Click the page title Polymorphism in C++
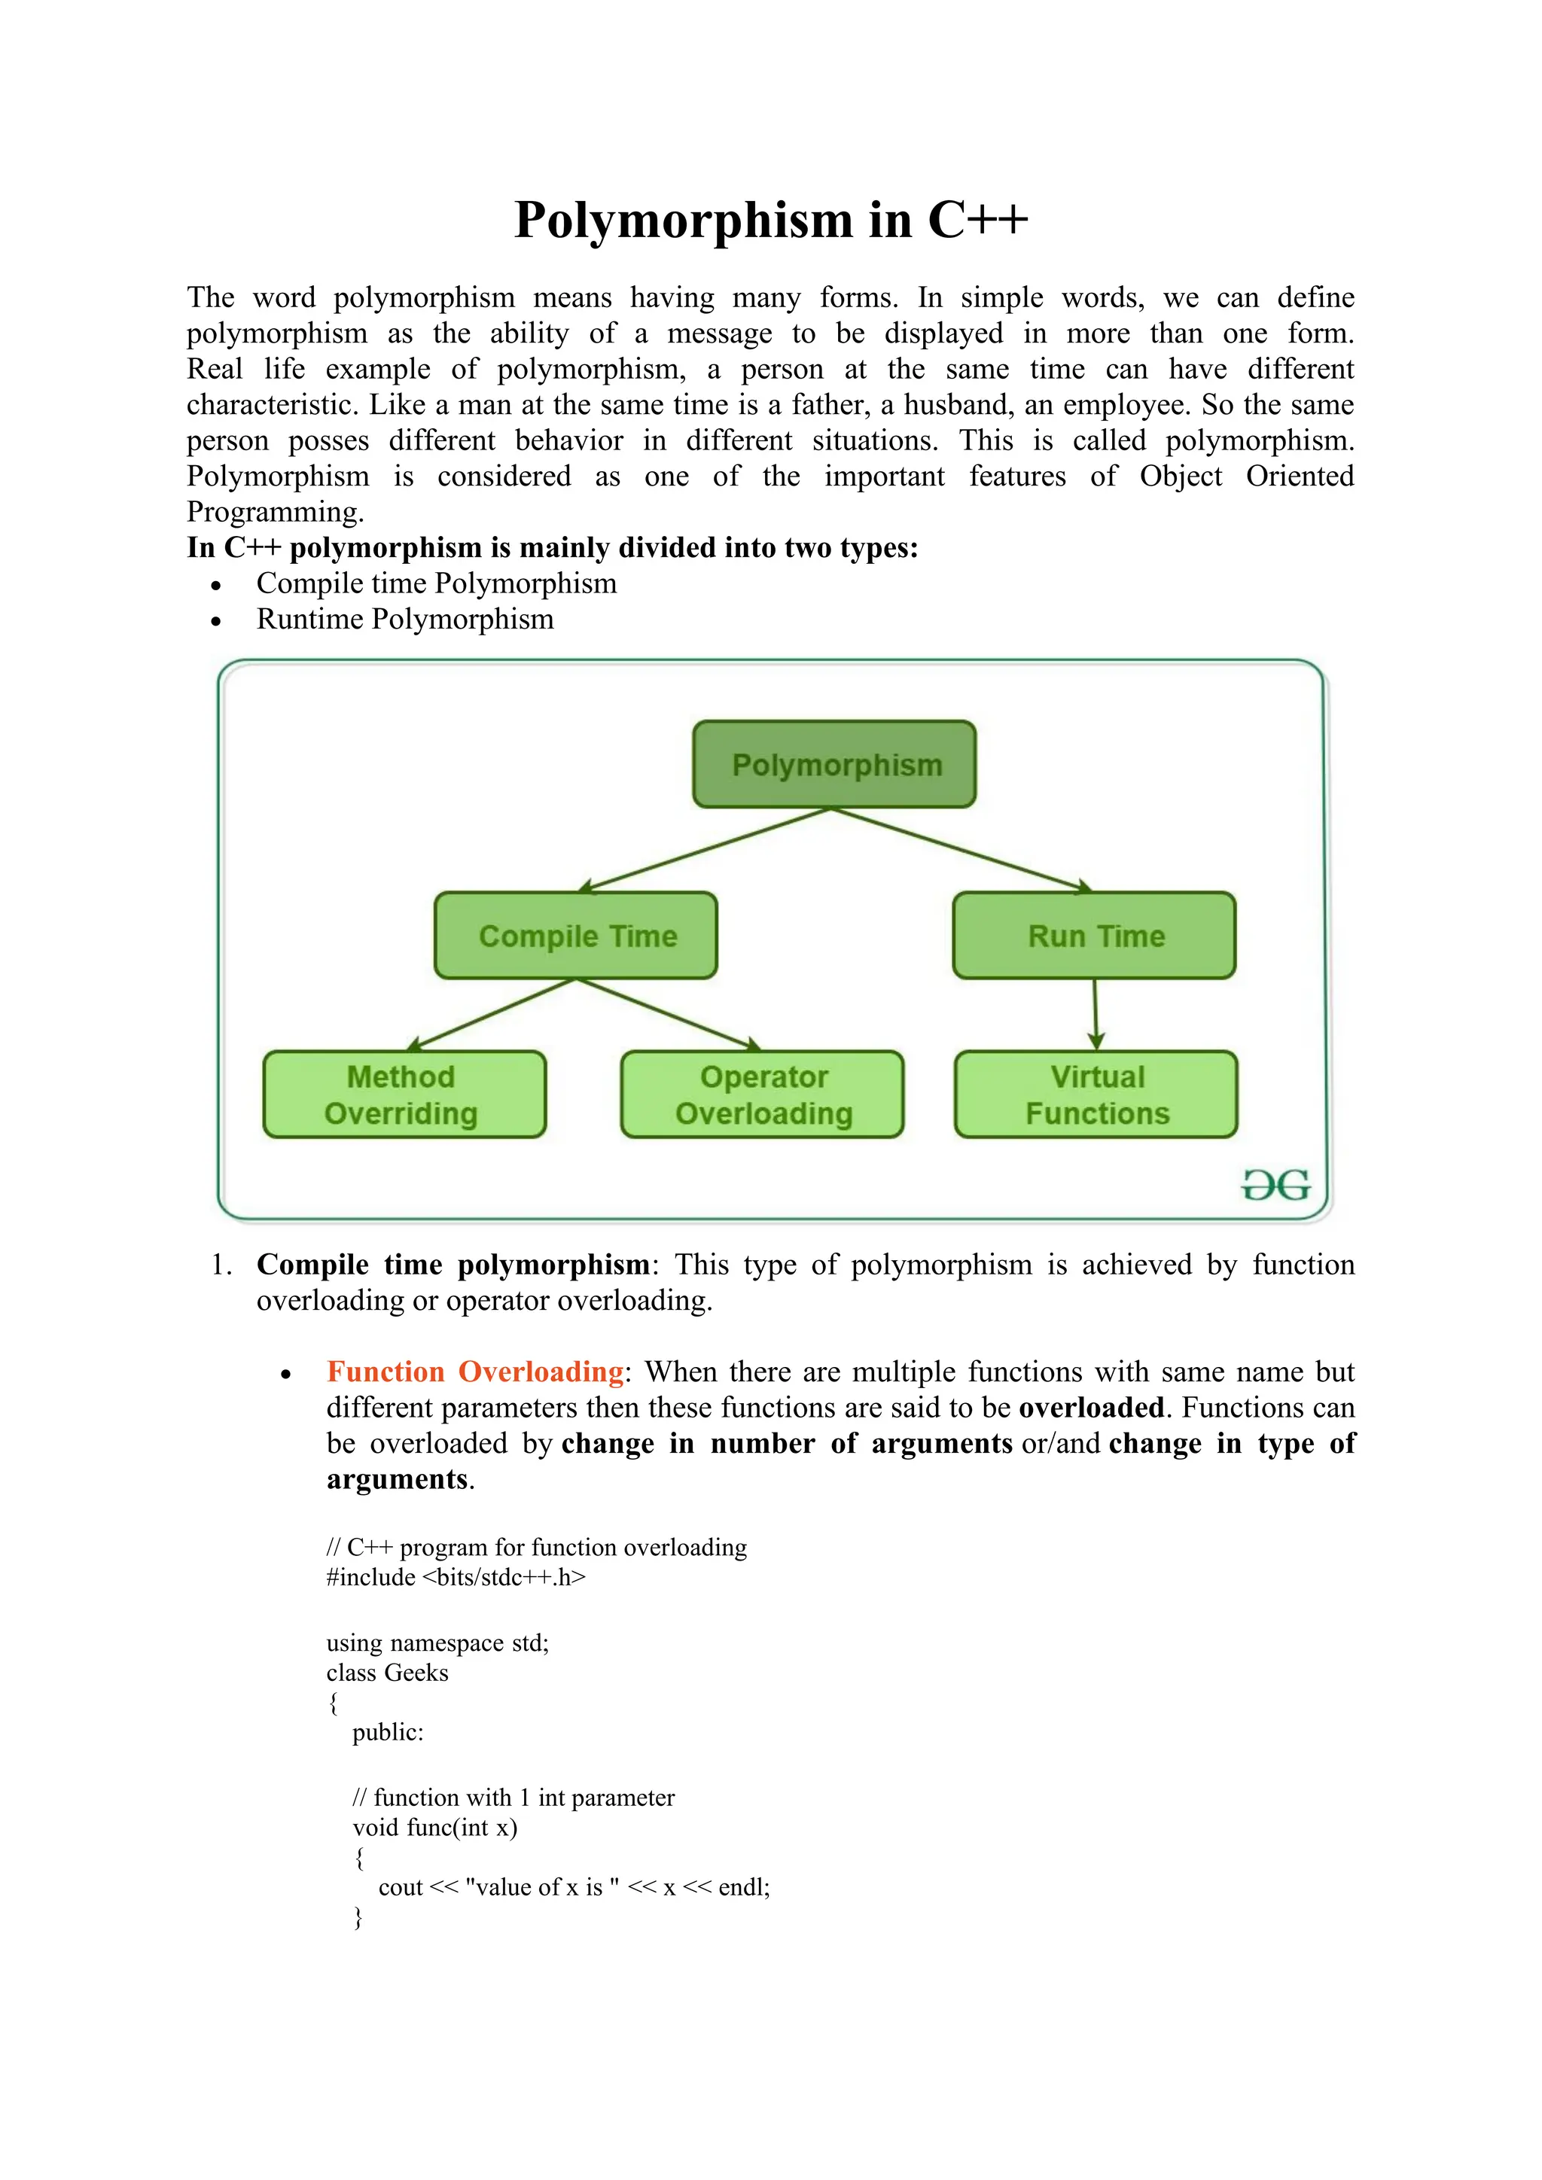pyautogui.click(x=770, y=221)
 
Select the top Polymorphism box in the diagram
pyautogui.click(x=833, y=764)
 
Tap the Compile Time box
pyautogui.click(x=575, y=935)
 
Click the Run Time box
pyautogui.click(x=1094, y=935)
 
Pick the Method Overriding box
pyautogui.click(x=404, y=1094)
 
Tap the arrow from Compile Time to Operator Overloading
pyautogui.click(x=669, y=1014)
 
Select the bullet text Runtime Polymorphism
pyautogui.click(x=404, y=619)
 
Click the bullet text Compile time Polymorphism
pyautogui.click(x=436, y=583)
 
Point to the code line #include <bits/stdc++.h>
pyautogui.click(x=456, y=1577)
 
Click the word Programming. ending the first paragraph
pyautogui.click(x=274, y=512)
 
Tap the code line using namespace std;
pyautogui.click(x=437, y=1643)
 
